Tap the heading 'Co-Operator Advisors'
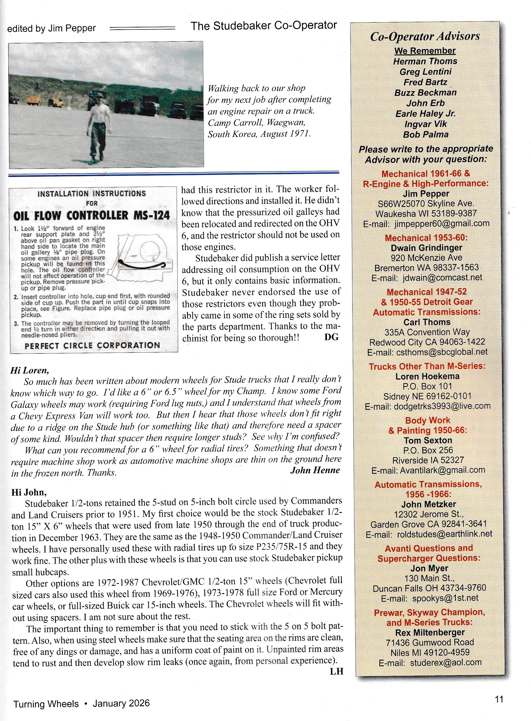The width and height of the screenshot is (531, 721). tap(425, 36)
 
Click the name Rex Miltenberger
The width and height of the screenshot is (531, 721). tap(430, 632)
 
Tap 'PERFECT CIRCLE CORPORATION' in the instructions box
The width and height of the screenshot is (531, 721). tap(92, 345)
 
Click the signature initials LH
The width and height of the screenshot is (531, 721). tap(336, 671)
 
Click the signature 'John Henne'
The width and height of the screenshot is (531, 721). tap(315, 470)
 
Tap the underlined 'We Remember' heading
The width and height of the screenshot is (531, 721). tap(425, 51)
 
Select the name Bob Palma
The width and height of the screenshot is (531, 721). tap(426, 134)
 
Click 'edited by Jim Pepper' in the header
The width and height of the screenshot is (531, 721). tap(52, 28)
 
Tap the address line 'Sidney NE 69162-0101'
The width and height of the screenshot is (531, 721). tap(427, 396)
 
